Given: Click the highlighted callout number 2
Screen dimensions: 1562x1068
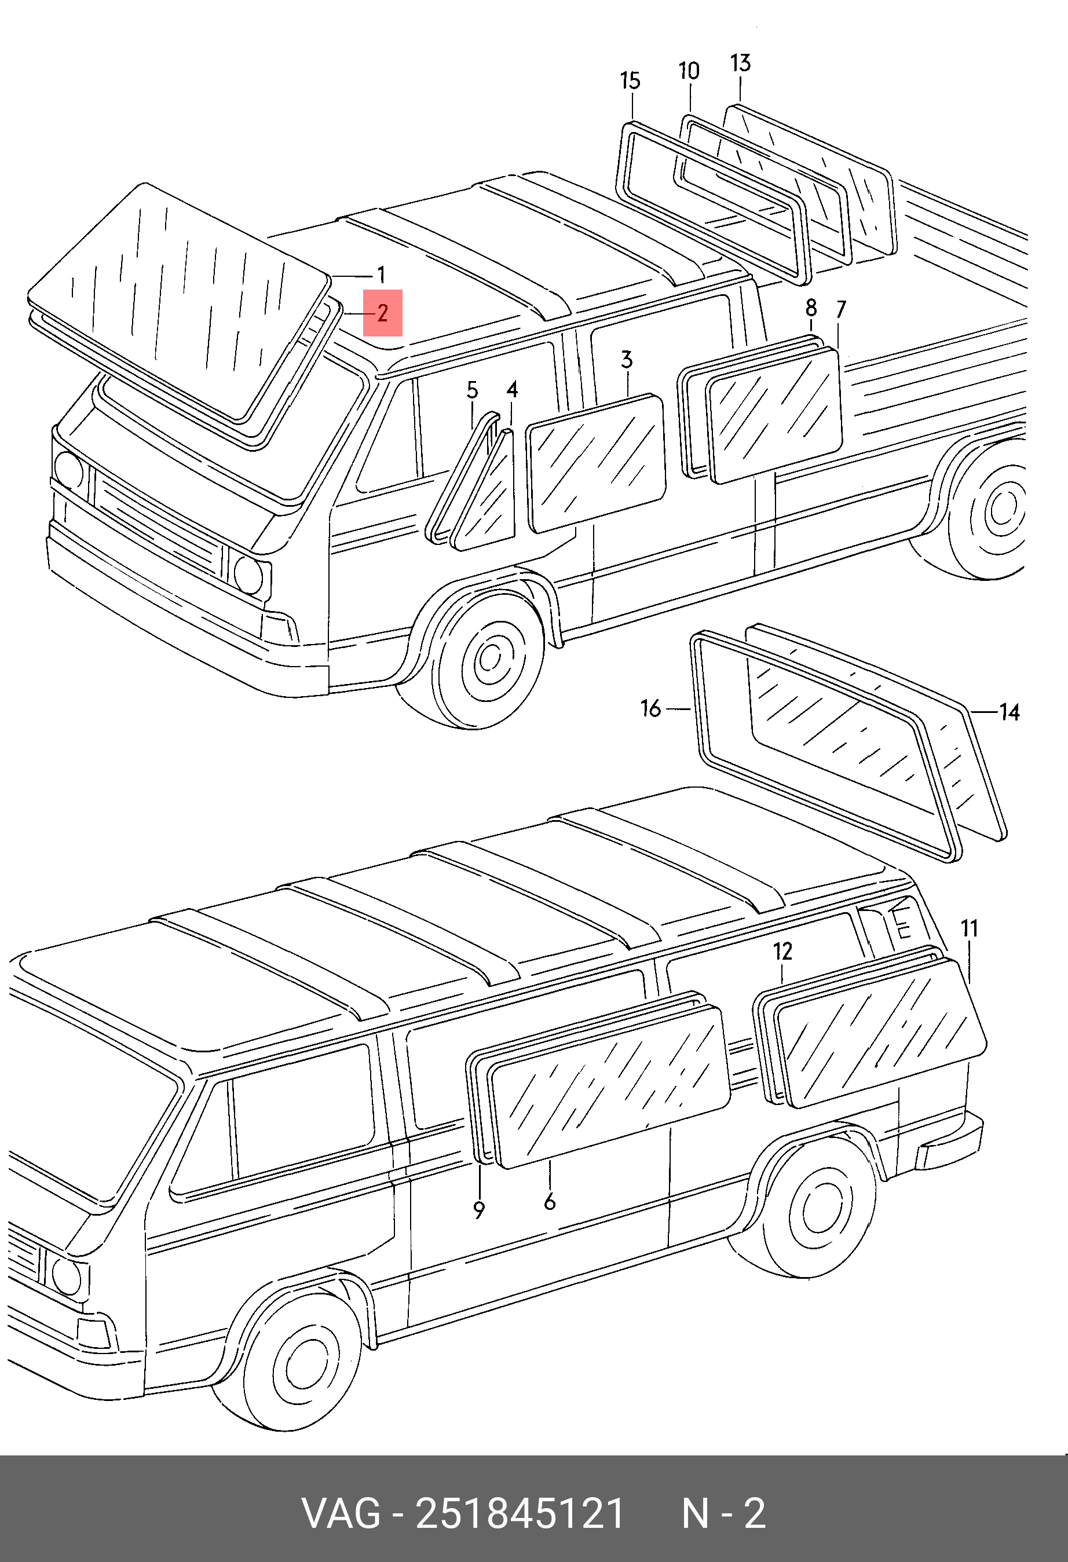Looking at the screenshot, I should (x=382, y=313).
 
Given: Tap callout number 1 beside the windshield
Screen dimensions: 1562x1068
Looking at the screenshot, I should (x=381, y=275).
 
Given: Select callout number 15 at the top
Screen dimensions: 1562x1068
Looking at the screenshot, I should (x=630, y=81).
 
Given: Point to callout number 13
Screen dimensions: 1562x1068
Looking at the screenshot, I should (x=740, y=63).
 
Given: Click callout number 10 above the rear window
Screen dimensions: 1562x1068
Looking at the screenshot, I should (x=689, y=71).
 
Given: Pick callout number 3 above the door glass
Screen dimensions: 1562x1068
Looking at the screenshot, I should (x=627, y=360).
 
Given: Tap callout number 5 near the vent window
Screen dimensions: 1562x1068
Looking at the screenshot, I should (x=473, y=390).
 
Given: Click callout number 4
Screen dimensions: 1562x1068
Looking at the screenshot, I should (x=512, y=389).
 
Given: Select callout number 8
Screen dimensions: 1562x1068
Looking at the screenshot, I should (x=811, y=308).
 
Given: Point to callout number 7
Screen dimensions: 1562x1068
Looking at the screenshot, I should (x=842, y=309).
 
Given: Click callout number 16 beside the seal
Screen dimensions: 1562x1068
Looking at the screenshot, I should (x=650, y=708).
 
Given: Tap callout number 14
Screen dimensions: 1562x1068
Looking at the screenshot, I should (x=1010, y=712).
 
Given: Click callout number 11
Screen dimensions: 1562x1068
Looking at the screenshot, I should (x=969, y=929).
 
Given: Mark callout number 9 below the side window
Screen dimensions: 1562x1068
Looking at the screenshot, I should (x=478, y=1210).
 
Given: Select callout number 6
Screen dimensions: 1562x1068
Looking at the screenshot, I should (x=550, y=1202).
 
